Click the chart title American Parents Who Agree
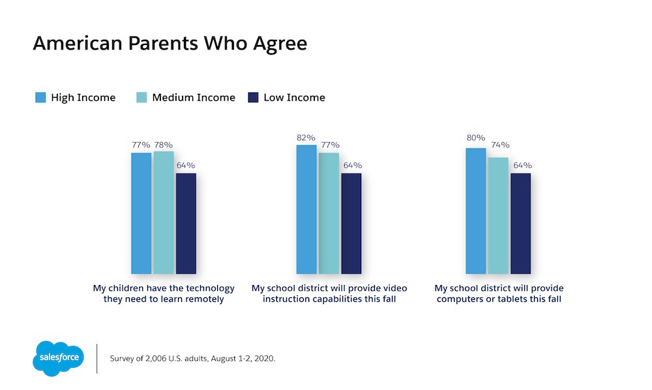[170, 44]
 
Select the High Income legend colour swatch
[40, 98]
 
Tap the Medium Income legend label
[193, 98]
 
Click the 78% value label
[164, 144]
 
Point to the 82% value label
[306, 138]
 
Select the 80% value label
[475, 138]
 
